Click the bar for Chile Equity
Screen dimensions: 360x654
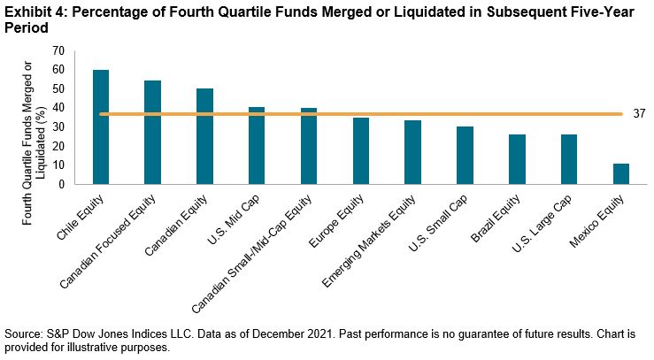(x=100, y=127)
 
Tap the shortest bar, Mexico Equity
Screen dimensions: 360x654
(x=621, y=174)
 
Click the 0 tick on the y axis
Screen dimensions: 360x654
(x=62, y=184)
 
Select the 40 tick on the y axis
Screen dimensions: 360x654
(x=58, y=108)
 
